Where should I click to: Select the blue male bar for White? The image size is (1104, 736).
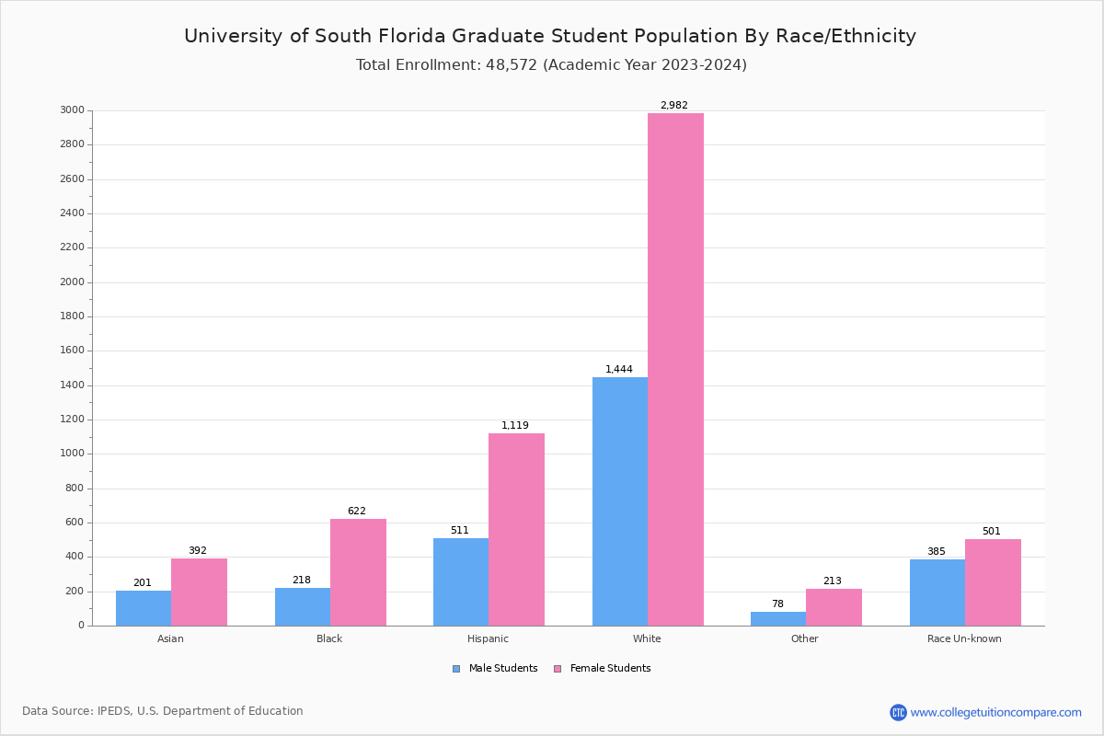pos(620,501)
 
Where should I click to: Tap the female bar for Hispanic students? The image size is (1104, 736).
pos(516,529)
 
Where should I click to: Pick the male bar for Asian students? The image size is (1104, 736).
pos(144,608)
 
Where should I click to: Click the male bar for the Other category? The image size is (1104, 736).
pos(778,618)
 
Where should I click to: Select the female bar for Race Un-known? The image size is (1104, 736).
pos(993,582)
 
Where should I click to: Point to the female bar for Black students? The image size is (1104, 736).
pos(358,572)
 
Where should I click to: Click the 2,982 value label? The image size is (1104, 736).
pos(674,106)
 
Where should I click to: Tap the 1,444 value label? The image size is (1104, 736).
pos(619,370)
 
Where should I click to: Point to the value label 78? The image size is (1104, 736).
pos(778,604)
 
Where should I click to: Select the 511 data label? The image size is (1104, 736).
pos(460,531)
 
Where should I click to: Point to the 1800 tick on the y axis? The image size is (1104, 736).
pos(74,316)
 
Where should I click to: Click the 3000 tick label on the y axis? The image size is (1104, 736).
pos(74,110)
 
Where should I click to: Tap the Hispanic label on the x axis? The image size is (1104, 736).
pos(488,638)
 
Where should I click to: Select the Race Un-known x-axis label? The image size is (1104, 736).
pos(964,638)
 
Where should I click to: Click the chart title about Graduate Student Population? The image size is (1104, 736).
pos(550,37)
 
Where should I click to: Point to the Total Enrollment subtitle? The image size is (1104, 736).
pos(551,65)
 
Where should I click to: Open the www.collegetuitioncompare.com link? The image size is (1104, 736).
pos(995,712)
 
